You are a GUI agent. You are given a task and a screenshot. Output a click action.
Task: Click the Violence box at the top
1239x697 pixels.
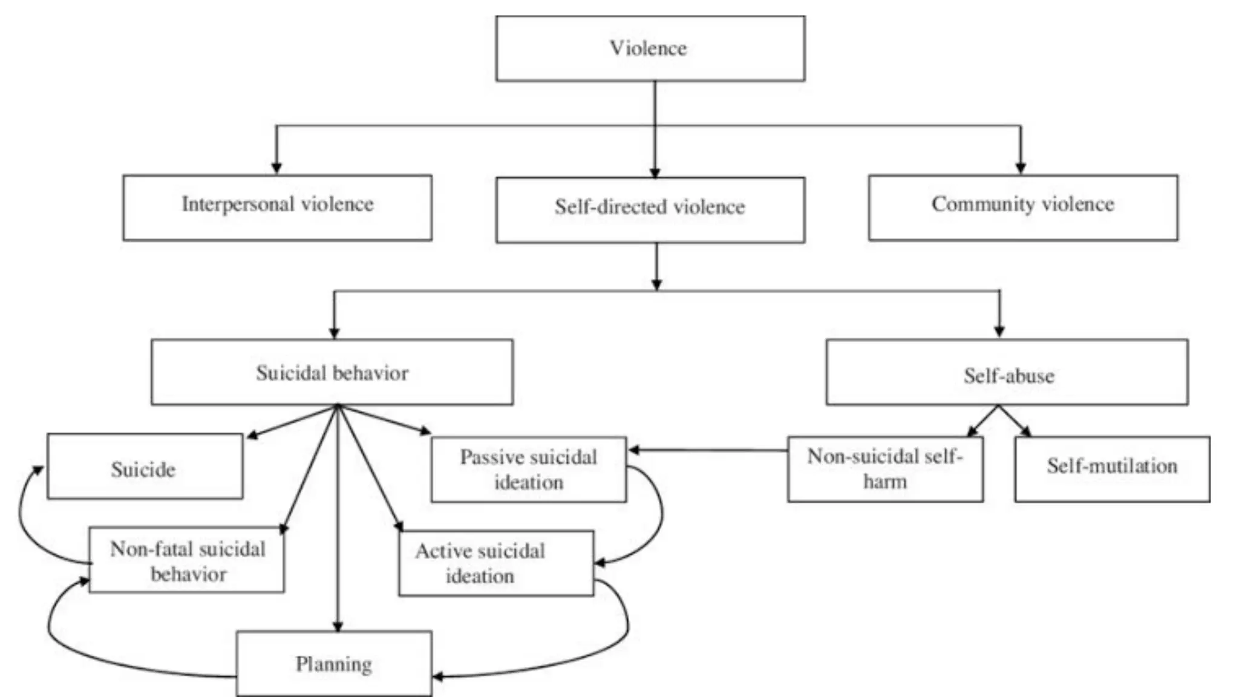click(x=650, y=48)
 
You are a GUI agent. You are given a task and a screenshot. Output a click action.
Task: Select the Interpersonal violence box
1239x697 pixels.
click(x=277, y=208)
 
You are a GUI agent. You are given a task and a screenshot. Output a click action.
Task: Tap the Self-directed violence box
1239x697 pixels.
click(x=650, y=209)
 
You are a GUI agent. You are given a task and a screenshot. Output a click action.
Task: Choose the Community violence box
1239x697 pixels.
click(x=1022, y=208)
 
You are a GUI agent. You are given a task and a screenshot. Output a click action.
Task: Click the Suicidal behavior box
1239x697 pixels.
click(x=332, y=372)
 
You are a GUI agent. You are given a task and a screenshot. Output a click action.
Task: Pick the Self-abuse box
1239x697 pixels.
click(x=1007, y=373)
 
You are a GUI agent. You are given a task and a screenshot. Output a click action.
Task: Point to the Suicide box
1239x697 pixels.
click(x=145, y=466)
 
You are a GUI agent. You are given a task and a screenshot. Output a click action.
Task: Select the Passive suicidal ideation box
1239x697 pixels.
click(x=528, y=470)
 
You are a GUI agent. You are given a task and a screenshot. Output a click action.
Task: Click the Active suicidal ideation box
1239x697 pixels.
click(x=496, y=563)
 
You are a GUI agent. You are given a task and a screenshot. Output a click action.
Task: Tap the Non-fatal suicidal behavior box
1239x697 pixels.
click(x=186, y=560)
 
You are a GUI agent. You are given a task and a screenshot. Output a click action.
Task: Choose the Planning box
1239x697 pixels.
click(x=334, y=664)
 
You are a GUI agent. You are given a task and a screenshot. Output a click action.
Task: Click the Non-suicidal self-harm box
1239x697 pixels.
click(x=884, y=469)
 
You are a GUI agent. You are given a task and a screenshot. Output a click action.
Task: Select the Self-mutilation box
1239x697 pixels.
click(x=1112, y=469)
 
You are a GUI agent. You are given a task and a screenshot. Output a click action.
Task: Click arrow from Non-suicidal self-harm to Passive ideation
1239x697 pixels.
click(x=708, y=450)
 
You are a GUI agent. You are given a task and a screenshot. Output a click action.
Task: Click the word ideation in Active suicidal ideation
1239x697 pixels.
click(x=480, y=576)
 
